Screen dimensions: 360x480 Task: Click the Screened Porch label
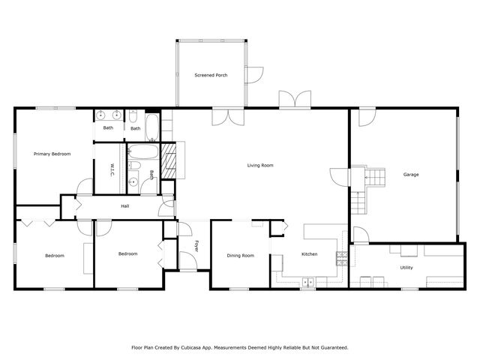click(211, 75)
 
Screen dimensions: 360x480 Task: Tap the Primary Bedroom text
click(52, 154)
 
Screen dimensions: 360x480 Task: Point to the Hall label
click(125, 205)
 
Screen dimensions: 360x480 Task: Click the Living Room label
click(260, 165)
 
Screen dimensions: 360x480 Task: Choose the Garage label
click(411, 174)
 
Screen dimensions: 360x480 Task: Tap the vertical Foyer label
click(197, 245)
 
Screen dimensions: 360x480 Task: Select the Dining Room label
click(241, 255)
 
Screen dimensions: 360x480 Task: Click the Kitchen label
click(310, 254)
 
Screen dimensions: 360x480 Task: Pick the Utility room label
click(406, 267)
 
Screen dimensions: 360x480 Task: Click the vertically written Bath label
click(151, 175)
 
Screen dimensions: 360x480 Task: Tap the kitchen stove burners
click(342, 258)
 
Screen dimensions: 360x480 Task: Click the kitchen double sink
click(308, 283)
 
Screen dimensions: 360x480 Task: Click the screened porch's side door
click(256, 74)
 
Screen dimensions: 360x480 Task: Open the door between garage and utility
click(360, 235)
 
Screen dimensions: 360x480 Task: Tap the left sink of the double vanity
click(100, 115)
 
